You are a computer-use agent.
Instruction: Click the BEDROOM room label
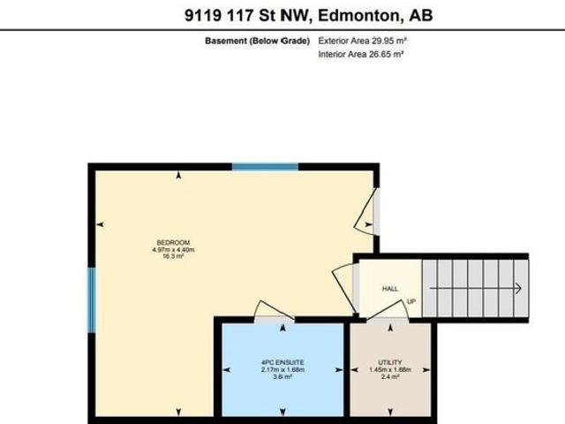coord(173,243)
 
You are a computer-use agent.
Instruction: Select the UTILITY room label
coord(390,363)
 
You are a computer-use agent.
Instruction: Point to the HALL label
coord(389,289)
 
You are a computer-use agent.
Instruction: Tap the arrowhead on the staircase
coord(517,288)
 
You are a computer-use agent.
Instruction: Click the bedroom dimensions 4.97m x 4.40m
coord(173,250)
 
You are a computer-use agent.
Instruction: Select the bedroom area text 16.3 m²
coord(173,257)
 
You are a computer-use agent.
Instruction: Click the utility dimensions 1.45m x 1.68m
coord(390,370)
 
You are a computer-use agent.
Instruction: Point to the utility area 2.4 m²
coord(390,377)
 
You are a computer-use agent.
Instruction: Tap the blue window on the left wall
coord(91,300)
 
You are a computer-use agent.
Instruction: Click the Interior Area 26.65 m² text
coord(359,55)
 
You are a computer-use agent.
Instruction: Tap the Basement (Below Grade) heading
coord(257,41)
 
